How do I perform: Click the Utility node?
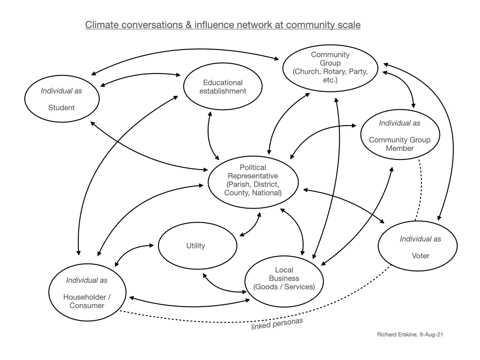pos(196,246)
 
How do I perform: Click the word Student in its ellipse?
pos(61,108)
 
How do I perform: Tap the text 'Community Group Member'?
pos(399,144)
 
